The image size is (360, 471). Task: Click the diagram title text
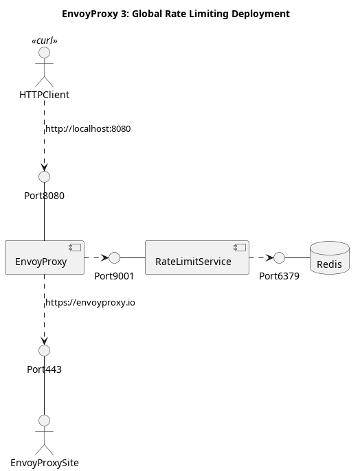[x=176, y=14]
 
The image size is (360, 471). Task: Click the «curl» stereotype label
[x=45, y=41]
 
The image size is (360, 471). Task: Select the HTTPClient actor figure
[x=45, y=67]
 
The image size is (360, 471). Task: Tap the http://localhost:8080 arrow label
[x=88, y=129]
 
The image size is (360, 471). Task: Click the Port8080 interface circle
[x=45, y=176]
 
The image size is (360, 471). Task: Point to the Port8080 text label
[x=44, y=196]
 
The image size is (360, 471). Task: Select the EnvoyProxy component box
[x=45, y=257]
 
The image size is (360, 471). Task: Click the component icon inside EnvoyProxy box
[x=75, y=247]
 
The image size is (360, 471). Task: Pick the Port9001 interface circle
[x=114, y=257]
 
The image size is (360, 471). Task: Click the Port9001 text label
[x=114, y=276]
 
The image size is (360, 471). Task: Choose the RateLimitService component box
[x=197, y=257]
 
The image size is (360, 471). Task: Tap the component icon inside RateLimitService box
[x=240, y=247]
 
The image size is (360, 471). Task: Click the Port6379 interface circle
[x=279, y=257]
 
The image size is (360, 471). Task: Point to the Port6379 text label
[x=279, y=276]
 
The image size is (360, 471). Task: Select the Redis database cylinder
[x=330, y=257]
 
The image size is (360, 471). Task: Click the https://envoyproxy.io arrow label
[x=90, y=303]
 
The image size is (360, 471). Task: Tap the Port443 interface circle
[x=45, y=350]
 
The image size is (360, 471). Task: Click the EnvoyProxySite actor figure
[x=45, y=435]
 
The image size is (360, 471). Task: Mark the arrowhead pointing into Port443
[x=45, y=341]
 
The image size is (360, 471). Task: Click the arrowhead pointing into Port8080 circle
[x=45, y=168]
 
